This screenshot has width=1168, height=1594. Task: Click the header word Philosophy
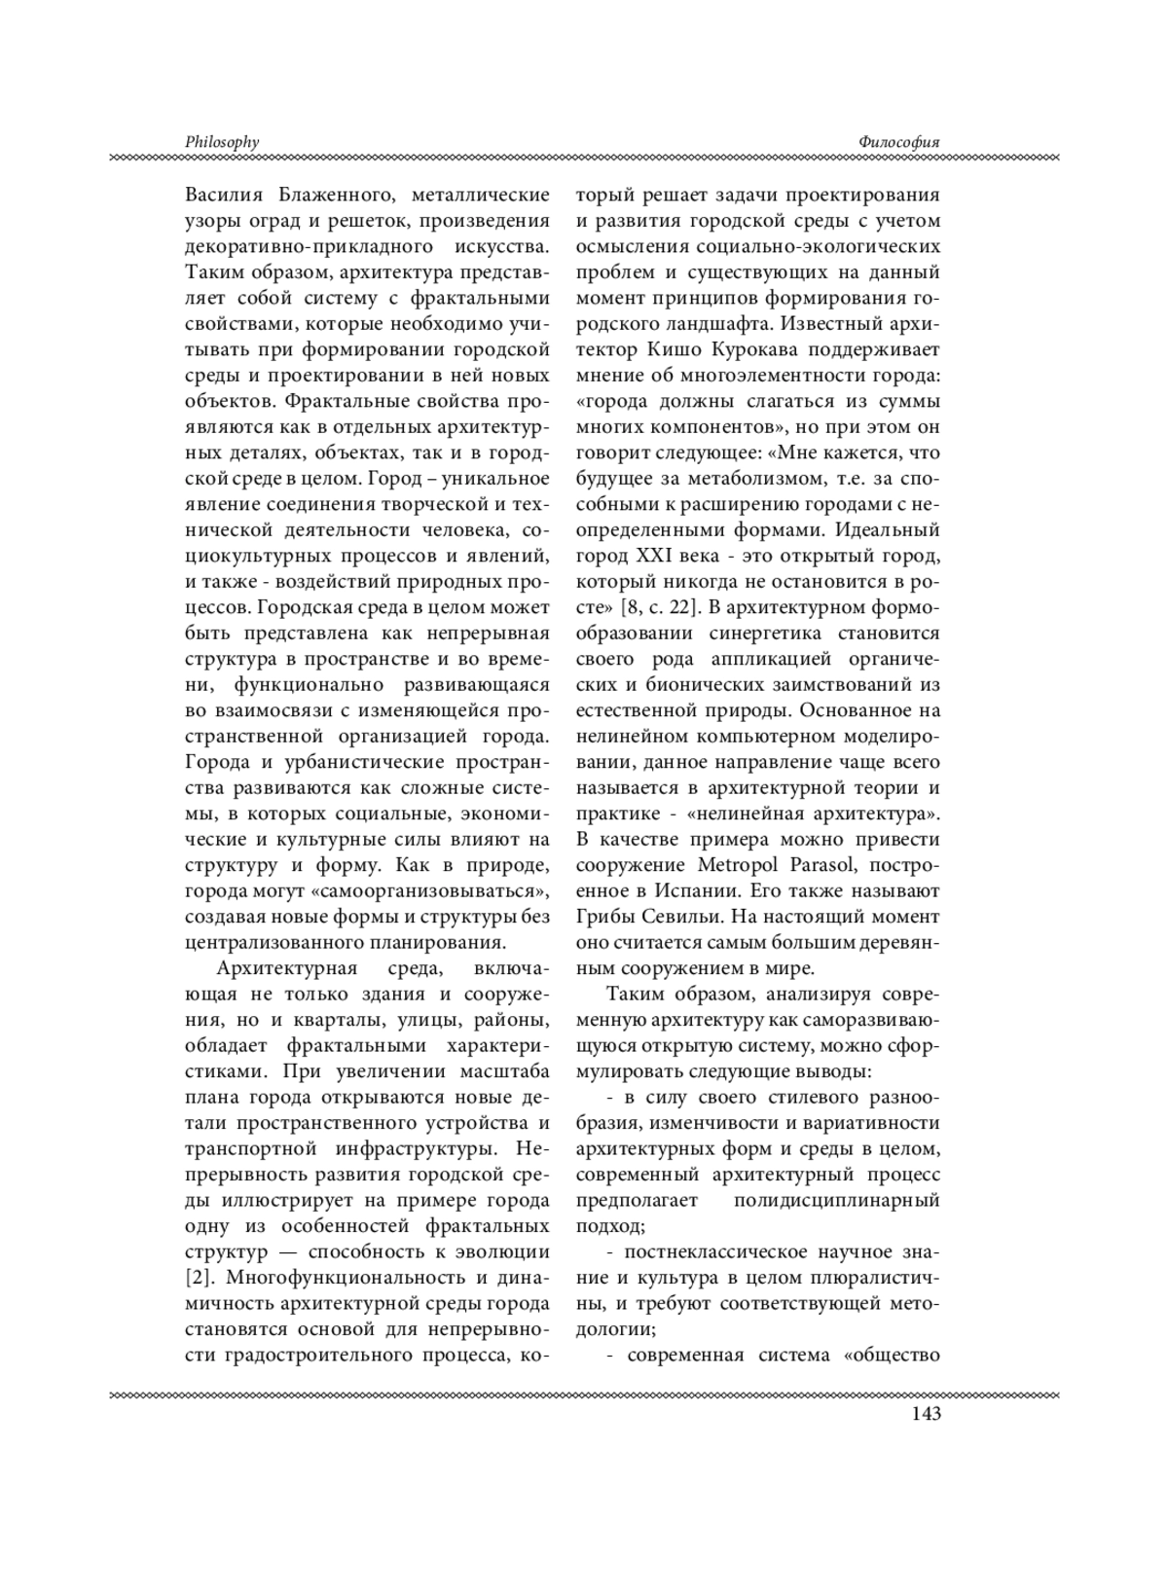point(222,142)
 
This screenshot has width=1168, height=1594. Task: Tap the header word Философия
point(899,142)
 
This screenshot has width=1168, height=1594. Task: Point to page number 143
point(923,1413)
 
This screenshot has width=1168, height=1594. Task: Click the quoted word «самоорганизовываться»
point(450,891)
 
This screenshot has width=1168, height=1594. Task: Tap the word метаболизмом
point(724,479)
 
